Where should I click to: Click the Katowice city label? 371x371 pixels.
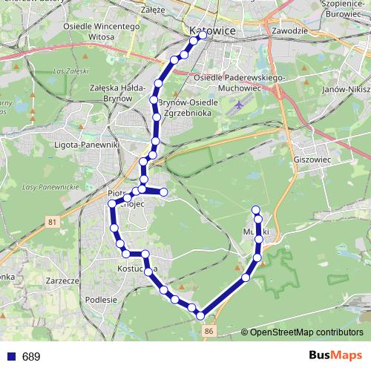(212, 31)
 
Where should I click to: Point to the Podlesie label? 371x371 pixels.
(102, 300)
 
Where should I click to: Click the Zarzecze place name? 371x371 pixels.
(62, 281)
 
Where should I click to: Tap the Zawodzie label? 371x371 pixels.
(289, 31)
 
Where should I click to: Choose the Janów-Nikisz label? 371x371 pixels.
(344, 88)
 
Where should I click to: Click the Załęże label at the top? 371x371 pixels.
(172, 10)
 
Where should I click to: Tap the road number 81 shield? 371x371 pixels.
(51, 222)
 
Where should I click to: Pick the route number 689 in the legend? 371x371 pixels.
(31, 357)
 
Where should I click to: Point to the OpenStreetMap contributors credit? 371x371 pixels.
(306, 332)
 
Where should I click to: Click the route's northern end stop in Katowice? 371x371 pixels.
(202, 34)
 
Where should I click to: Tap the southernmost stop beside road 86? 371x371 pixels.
(200, 316)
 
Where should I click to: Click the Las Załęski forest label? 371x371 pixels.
(68, 71)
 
